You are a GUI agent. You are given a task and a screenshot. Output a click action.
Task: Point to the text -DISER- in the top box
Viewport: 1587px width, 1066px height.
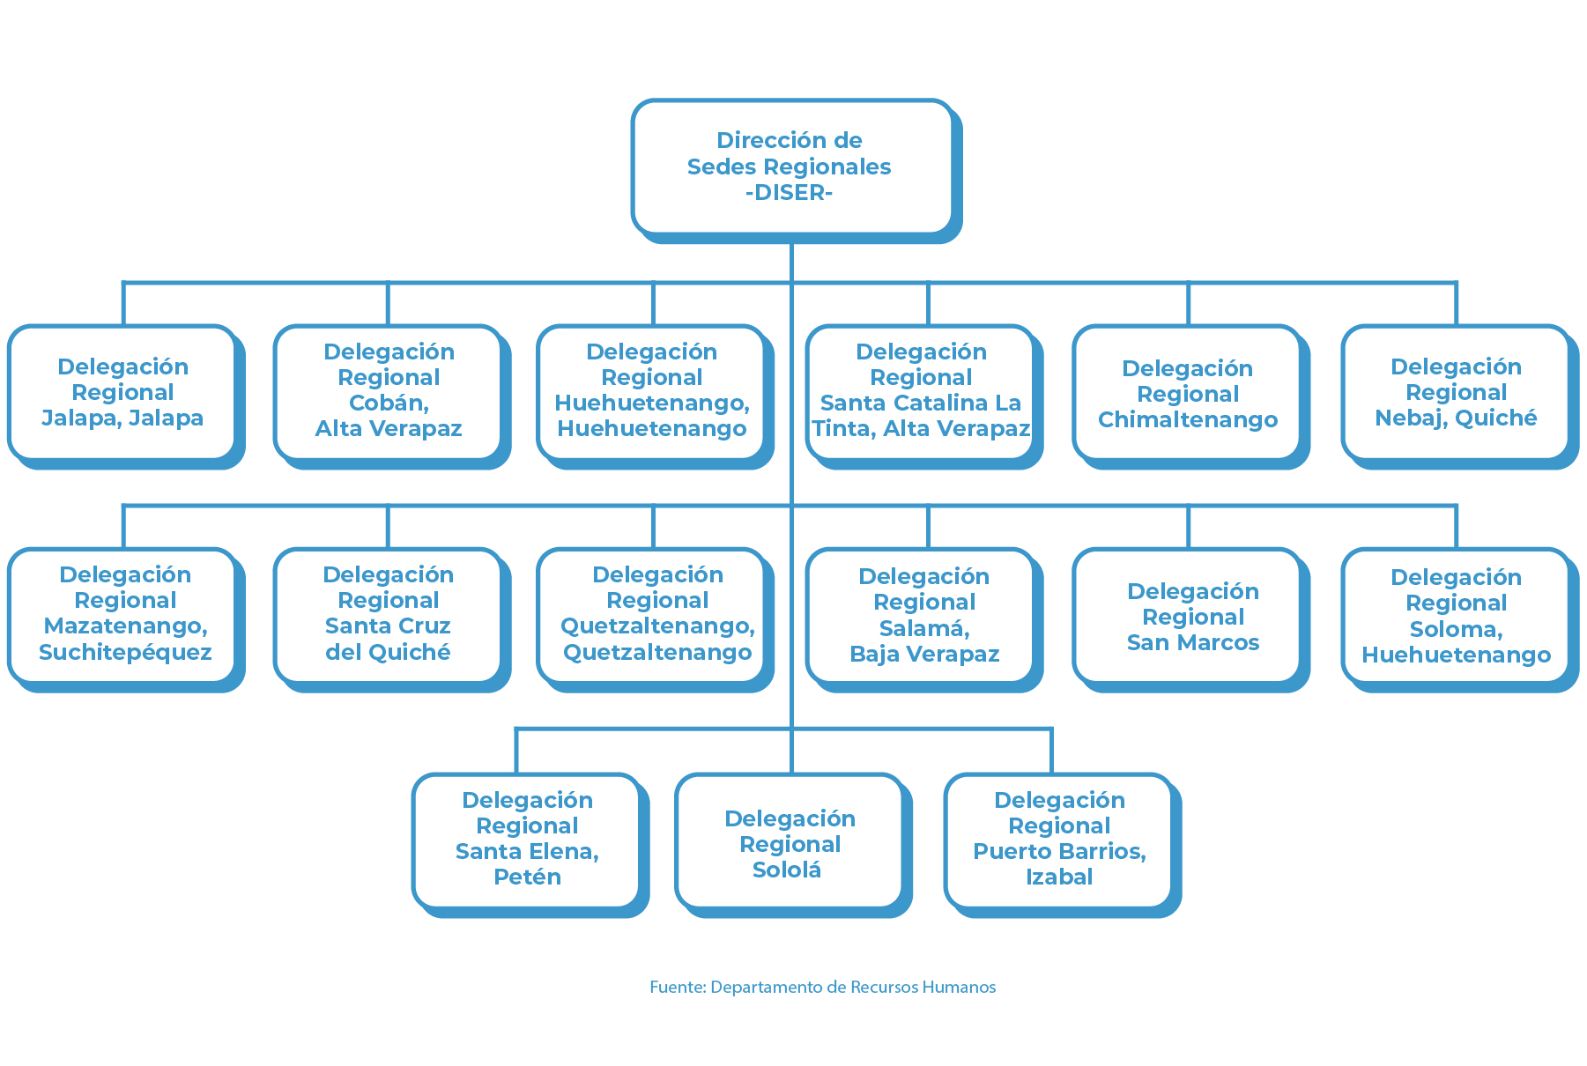coord(790,193)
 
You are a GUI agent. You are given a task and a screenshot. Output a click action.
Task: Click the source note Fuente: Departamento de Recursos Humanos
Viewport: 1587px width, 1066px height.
coord(823,988)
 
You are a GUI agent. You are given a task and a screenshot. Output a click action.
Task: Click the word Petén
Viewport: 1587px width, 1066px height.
coord(527,877)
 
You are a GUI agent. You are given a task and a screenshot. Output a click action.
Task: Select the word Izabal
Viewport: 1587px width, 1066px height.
coord(1059,877)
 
